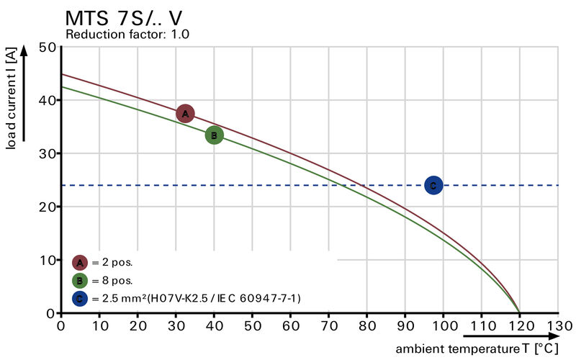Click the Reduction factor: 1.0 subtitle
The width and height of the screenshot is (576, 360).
[127, 34]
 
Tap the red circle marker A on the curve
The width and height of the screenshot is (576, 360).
[185, 114]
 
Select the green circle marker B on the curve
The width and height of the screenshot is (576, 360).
[214, 135]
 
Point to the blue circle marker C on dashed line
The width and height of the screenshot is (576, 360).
[433, 185]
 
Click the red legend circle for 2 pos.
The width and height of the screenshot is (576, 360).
[80, 262]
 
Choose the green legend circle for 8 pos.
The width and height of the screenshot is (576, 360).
[80, 280]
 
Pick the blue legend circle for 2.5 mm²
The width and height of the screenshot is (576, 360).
[80, 298]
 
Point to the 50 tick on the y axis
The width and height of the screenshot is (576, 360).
[48, 47]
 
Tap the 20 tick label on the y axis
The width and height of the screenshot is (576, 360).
[48, 207]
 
